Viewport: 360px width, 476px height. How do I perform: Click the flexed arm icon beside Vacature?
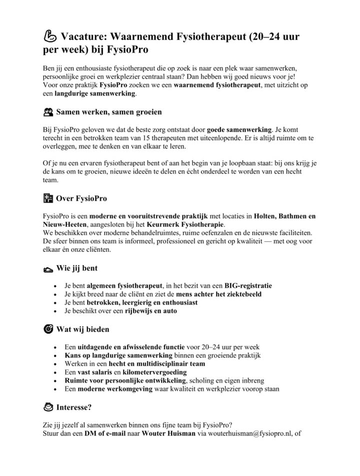pyautogui.click(x=50, y=37)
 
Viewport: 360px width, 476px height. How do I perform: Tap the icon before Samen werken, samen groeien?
pyautogui.click(x=48, y=112)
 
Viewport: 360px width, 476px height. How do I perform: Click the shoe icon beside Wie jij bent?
pyautogui.click(x=48, y=269)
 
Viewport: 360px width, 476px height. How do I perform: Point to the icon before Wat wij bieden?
pyautogui.click(x=48, y=329)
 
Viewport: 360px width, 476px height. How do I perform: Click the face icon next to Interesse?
pyautogui.click(x=48, y=406)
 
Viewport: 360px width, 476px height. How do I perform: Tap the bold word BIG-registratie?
pyautogui.click(x=248, y=285)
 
